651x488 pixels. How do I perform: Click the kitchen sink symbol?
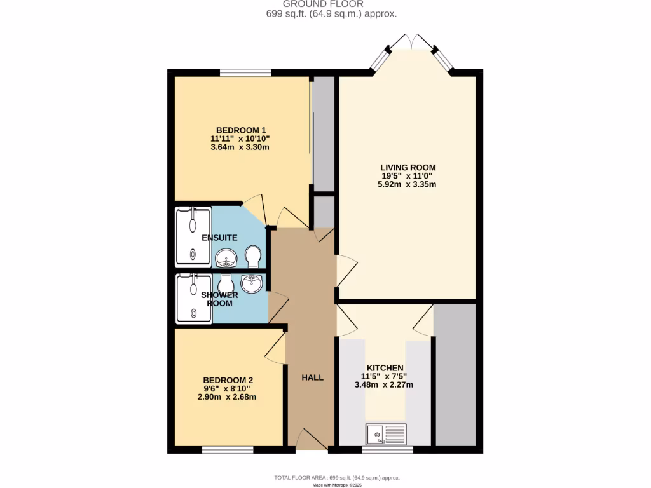click(386, 434)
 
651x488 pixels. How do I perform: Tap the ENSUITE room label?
click(219, 238)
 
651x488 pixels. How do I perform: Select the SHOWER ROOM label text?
click(219, 299)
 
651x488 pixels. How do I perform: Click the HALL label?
click(312, 377)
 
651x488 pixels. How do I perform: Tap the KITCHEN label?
click(385, 368)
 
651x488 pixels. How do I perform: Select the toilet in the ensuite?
click(254, 257)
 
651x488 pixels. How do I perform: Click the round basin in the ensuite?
click(226, 258)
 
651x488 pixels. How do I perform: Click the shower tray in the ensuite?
click(193, 236)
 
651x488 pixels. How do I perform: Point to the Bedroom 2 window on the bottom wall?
click(228, 450)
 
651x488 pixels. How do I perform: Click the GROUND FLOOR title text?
click(332, 4)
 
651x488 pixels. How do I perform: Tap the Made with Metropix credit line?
click(336, 485)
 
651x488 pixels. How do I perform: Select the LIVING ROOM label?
click(408, 168)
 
